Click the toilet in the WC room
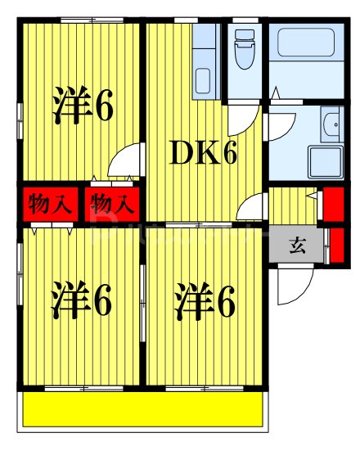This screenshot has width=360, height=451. point(245,49)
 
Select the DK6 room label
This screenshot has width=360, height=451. point(203,153)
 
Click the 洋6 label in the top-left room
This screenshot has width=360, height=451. point(83,105)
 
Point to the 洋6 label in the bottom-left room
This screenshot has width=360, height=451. point(81,300)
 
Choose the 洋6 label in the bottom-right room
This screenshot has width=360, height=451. point(205,301)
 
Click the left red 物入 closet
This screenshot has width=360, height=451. point(51,204)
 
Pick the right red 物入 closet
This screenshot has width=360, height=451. point(112,204)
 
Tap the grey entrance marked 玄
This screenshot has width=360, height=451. point(297,245)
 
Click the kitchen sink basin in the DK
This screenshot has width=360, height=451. point(203,81)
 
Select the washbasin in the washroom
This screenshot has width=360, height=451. point(332,124)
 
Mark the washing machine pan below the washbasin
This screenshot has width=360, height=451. point(326,162)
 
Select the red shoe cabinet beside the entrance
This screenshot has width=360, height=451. point(337,246)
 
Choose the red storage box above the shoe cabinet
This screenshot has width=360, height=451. point(334,204)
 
